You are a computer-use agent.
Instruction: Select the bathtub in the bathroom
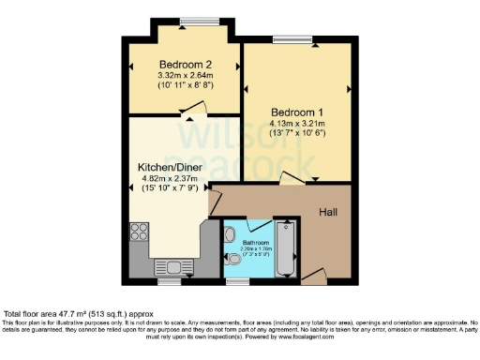click(287, 248)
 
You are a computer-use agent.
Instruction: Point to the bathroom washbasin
click(232, 233)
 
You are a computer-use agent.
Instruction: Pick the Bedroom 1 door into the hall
click(292, 178)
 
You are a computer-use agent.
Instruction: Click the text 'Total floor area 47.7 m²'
click(56, 314)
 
